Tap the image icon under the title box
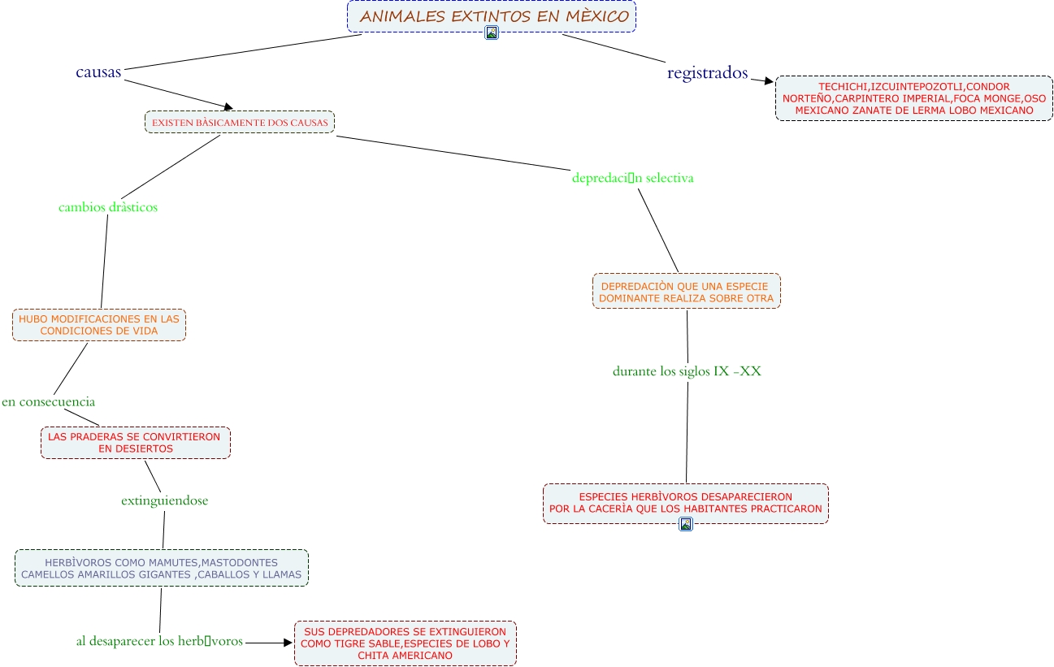point(491,33)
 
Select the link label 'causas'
point(98,72)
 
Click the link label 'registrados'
point(707,73)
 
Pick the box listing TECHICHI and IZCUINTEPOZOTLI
point(913,98)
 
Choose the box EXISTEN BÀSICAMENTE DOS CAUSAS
point(240,122)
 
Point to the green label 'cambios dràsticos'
point(108,207)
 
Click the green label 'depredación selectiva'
point(632,178)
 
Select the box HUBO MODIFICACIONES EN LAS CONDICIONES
point(99,325)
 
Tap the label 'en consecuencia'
point(49,401)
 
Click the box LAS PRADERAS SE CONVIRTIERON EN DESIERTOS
point(136,443)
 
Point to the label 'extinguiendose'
point(164,500)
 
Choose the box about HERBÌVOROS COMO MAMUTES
point(162,568)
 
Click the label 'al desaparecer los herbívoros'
point(160,641)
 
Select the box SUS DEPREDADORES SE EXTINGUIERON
point(405,643)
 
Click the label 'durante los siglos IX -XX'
point(687,371)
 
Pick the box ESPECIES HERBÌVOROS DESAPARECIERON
point(685,503)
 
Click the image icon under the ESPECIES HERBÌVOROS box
point(686,525)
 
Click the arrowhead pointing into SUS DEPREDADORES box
point(288,642)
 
